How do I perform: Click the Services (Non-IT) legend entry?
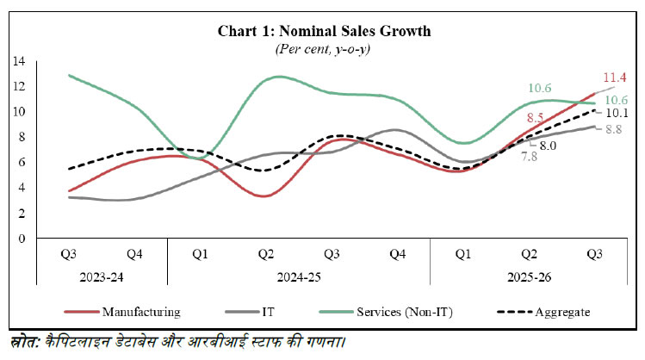[404, 311]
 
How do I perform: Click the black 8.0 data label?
[549, 146]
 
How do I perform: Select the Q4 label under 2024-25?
[397, 254]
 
